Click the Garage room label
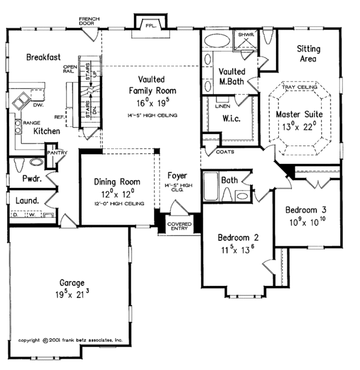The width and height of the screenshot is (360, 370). (71, 283)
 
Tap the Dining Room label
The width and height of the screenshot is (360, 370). (118, 181)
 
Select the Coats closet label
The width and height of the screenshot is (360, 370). (226, 152)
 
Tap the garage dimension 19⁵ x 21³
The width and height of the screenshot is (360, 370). (71, 294)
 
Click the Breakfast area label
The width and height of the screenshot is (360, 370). (43, 58)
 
